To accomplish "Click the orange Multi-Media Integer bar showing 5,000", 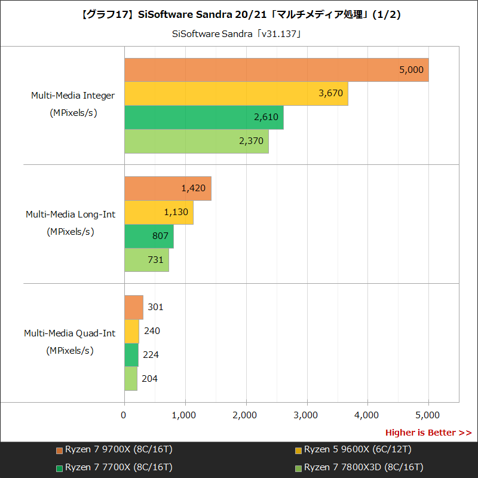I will pos(276,70).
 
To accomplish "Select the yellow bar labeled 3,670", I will pos(236,94).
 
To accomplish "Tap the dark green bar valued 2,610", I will pos(204,117).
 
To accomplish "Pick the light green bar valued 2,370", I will pos(196,141).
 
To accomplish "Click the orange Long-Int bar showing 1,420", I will pos(167,188).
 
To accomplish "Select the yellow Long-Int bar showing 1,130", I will pos(159,212).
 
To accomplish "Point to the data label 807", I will pos(160,236).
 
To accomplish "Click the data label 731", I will pos(155,259).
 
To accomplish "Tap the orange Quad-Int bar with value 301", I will pos(134,307).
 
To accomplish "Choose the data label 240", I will pos(152,331).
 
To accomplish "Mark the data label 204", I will pos(150,378).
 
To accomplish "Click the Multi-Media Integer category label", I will pos(73,95).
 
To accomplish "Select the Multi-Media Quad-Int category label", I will pos(70,333).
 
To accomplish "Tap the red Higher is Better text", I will pos(428,433).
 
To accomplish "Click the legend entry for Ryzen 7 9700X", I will pos(114,449).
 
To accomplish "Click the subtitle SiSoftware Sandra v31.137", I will pos(236,33).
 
